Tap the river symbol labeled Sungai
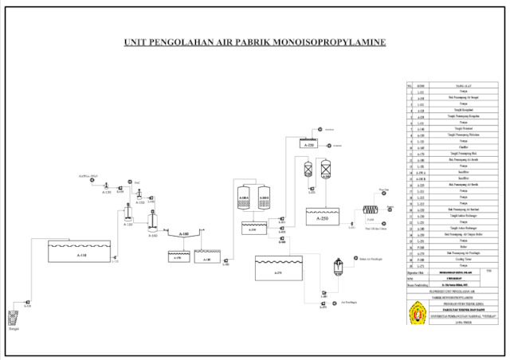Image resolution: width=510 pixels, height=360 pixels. click(x=13, y=318)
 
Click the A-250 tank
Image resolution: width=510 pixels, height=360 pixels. click(x=322, y=217)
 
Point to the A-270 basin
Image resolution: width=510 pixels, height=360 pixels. click(x=278, y=271)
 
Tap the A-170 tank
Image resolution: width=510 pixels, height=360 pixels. click(x=178, y=257)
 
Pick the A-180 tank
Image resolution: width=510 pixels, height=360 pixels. click(x=207, y=257)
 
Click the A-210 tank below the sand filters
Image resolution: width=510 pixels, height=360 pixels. click(x=253, y=229)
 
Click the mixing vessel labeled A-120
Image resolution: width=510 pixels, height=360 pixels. click(x=128, y=214)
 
